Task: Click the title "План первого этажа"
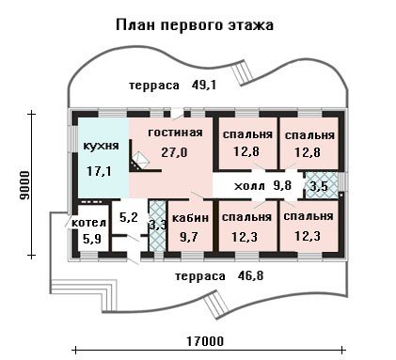click(195, 25)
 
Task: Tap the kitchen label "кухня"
click(102, 146)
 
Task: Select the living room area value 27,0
click(174, 152)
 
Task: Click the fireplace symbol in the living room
click(141, 160)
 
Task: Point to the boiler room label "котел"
click(89, 223)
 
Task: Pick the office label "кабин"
click(191, 217)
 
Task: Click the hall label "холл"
click(249, 186)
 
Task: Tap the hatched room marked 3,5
click(322, 185)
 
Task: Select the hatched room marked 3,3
click(158, 226)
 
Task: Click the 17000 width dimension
click(205, 341)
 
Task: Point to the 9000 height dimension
click(24, 185)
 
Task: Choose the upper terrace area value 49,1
click(204, 85)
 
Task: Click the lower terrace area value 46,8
click(250, 276)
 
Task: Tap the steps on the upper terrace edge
click(244, 72)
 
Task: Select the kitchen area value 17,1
click(99, 171)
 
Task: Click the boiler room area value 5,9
click(92, 240)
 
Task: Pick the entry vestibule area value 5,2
click(129, 217)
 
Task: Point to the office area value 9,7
click(189, 236)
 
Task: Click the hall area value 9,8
click(282, 185)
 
